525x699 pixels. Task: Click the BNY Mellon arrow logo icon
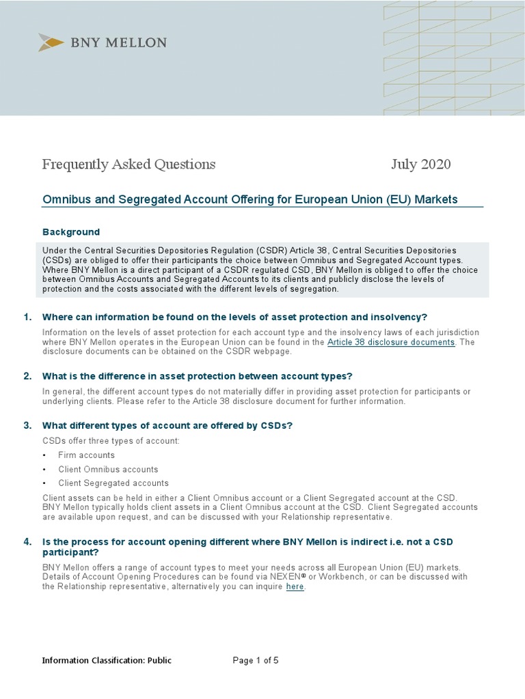tap(51, 42)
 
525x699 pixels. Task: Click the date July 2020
tap(420, 165)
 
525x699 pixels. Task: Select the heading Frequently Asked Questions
tap(129, 165)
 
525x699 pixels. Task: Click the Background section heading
tap(71, 232)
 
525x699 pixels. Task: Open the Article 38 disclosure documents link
tap(391, 342)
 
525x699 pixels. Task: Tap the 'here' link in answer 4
tap(295, 586)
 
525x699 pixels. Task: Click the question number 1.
tap(27, 317)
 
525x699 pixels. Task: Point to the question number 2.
tap(27, 376)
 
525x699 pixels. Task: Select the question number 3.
tap(27, 425)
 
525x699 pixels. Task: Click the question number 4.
tap(27, 542)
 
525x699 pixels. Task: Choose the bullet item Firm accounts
tap(86, 455)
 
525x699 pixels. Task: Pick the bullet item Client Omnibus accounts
tap(108, 470)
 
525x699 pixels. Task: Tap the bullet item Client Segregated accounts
tap(113, 483)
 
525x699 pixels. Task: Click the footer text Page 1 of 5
tap(256, 660)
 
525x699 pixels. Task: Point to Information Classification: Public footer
tap(107, 660)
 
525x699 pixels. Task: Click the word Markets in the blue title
tap(435, 199)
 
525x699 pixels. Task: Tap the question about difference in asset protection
tap(198, 376)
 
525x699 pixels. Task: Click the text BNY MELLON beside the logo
tap(118, 42)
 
